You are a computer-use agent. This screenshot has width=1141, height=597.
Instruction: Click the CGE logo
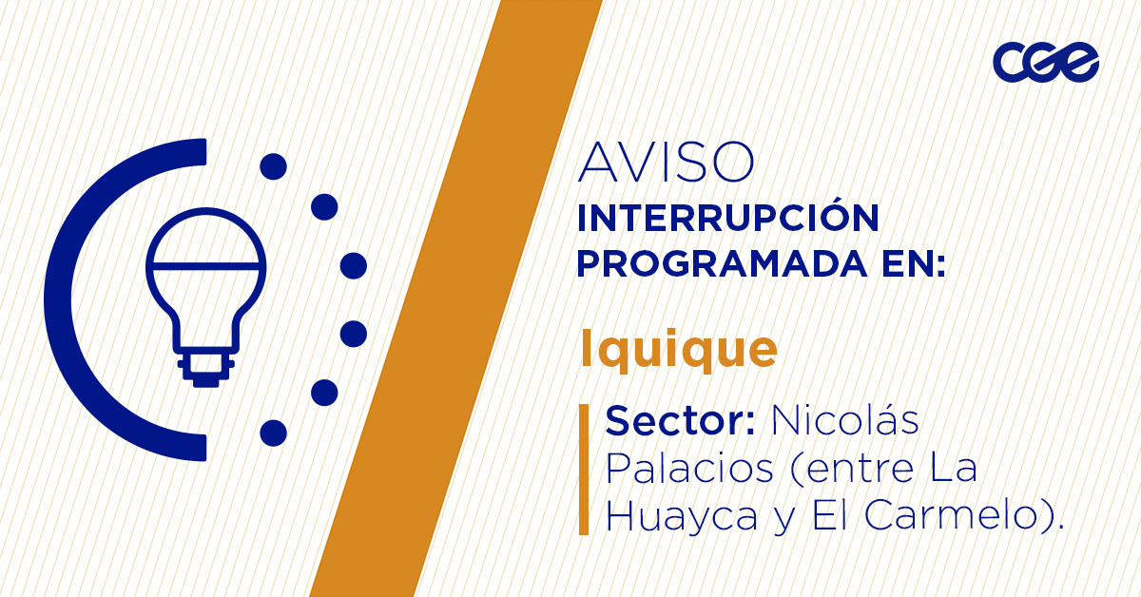[1045, 62]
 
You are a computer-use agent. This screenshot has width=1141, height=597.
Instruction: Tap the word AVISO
[666, 163]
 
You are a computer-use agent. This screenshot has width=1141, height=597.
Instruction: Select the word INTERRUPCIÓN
[727, 219]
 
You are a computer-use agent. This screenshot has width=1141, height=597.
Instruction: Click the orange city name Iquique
[678, 350]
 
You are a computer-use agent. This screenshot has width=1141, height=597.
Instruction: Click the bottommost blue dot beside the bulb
[273, 433]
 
